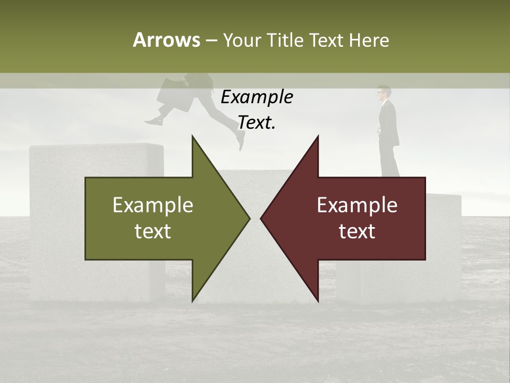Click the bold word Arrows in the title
click(166, 40)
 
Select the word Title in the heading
click(286, 40)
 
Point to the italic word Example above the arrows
click(257, 97)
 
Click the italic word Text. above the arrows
click(257, 123)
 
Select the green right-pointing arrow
click(159, 218)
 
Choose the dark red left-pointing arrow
click(351, 218)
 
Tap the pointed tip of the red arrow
click(262, 218)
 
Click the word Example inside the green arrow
click(153, 205)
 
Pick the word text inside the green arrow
click(153, 232)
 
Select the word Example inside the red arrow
click(357, 205)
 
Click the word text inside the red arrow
click(357, 232)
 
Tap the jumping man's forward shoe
click(241, 141)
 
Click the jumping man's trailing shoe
click(154, 121)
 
